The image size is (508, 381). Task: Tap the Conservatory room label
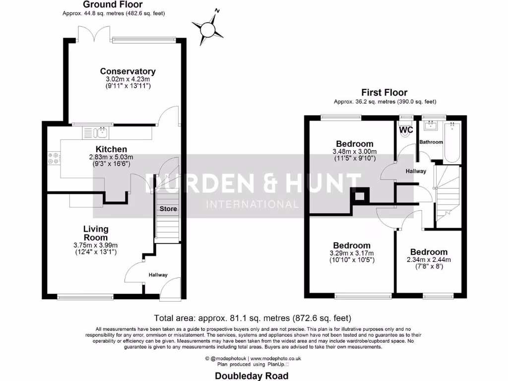click(x=121, y=71)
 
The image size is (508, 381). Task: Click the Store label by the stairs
click(x=168, y=209)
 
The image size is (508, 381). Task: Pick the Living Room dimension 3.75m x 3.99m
click(x=96, y=245)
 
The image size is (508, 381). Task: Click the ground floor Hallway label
click(x=158, y=275)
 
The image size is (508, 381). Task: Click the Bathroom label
click(x=431, y=142)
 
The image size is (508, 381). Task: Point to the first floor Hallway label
click(x=416, y=171)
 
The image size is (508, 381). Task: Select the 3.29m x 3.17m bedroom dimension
click(x=352, y=253)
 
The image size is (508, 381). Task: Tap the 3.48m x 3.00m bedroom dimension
click(x=354, y=152)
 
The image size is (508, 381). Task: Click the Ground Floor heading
click(x=113, y=5)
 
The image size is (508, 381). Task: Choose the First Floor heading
click(x=384, y=92)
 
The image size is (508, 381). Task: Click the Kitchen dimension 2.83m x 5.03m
click(x=111, y=157)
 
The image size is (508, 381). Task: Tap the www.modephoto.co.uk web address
click(x=276, y=358)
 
